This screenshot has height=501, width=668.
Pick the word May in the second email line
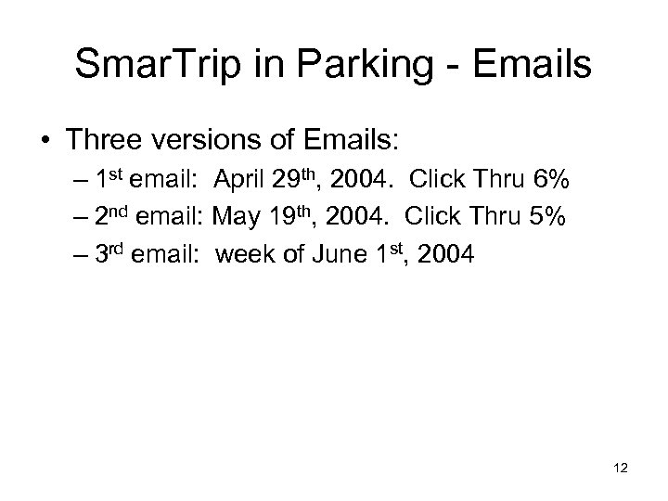click(x=236, y=218)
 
